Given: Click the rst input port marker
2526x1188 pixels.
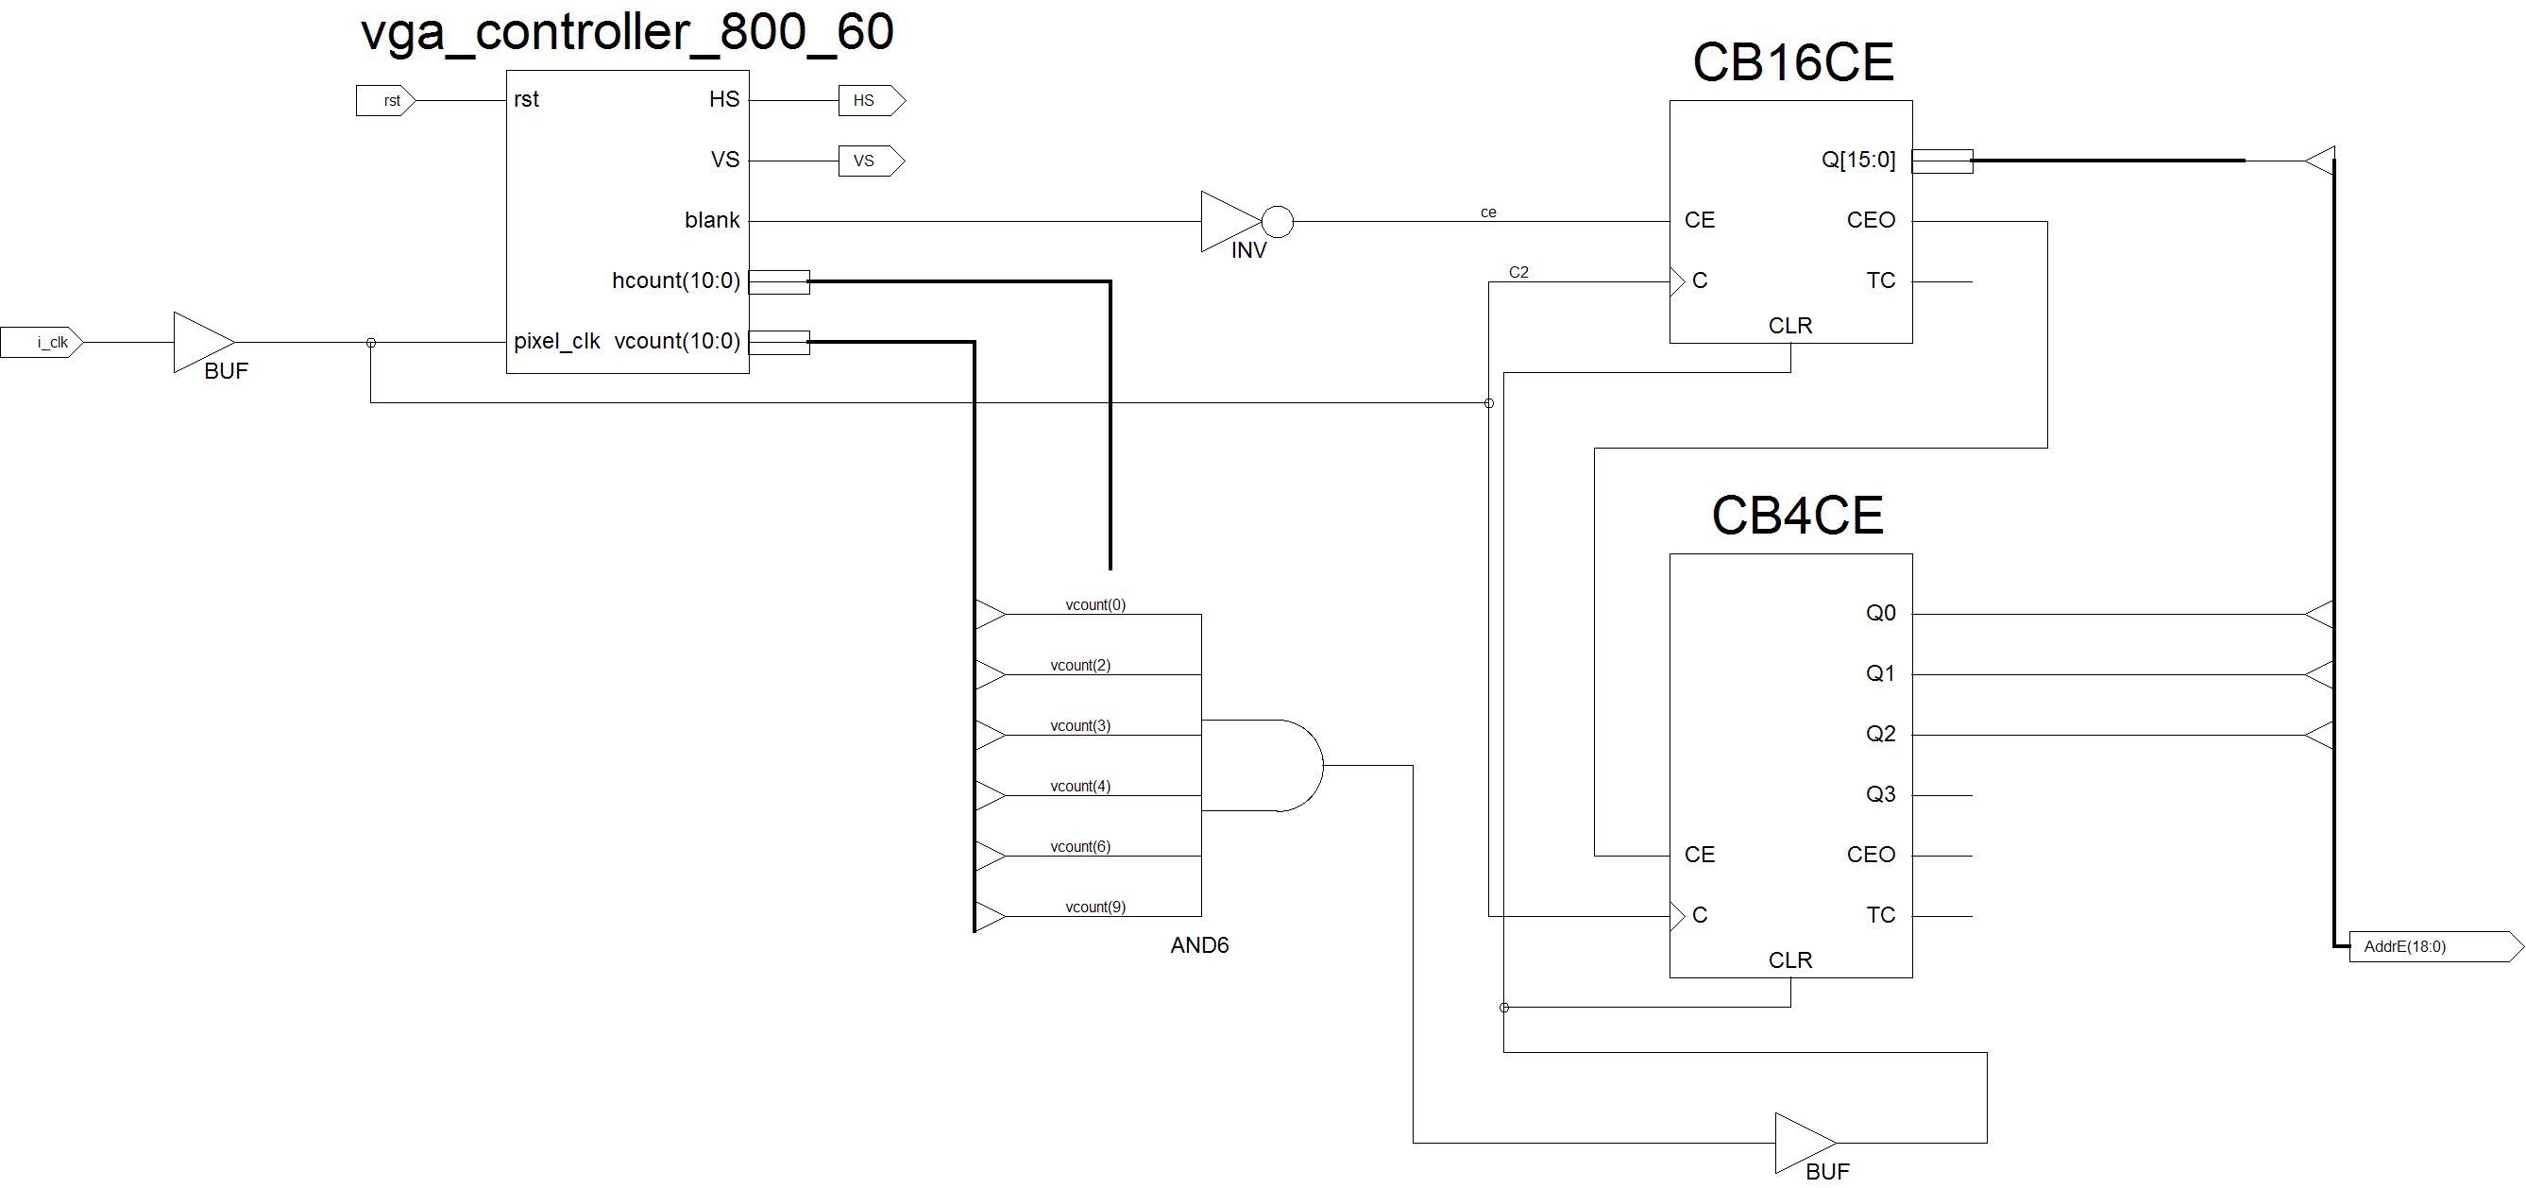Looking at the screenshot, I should (x=385, y=101).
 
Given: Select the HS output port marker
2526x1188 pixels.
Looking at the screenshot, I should (x=871, y=100).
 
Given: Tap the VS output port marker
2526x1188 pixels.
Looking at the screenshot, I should (x=871, y=161).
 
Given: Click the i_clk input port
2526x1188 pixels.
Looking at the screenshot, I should (x=42, y=343).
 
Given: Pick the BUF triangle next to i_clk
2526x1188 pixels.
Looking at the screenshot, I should (x=201, y=343).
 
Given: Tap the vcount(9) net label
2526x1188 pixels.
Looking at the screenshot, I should (x=1095, y=908).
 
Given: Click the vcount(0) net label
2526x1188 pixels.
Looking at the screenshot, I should (x=1095, y=605).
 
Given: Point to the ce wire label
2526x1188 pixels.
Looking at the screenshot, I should (x=1488, y=212).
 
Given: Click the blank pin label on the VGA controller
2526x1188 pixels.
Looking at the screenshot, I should (x=712, y=221).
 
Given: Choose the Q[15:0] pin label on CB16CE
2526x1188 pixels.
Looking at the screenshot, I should (x=1858, y=160).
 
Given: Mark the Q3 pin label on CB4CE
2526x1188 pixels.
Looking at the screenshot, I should (x=1880, y=794).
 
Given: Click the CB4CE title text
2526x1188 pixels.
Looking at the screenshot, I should (x=1797, y=516).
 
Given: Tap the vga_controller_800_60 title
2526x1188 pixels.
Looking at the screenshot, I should (x=628, y=31).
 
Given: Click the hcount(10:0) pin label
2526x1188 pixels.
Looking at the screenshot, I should (x=675, y=281).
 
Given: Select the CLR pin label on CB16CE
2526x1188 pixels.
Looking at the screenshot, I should (x=1789, y=326).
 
